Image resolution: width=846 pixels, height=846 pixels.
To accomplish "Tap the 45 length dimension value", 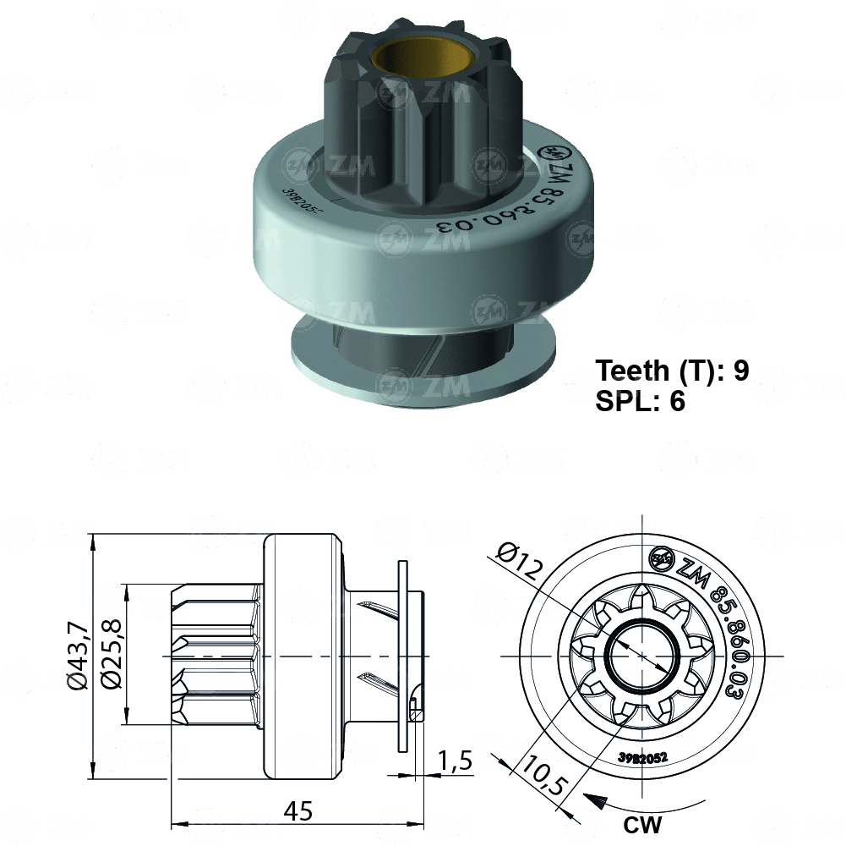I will (297, 811).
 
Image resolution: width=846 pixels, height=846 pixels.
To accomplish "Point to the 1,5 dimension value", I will (455, 761).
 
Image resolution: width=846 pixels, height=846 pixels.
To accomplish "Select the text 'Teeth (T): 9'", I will (673, 371).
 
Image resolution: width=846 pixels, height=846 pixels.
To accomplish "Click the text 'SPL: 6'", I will (640, 402).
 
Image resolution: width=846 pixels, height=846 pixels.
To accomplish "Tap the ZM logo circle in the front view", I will (660, 558).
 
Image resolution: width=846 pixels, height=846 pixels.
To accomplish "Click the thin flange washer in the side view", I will (402, 656).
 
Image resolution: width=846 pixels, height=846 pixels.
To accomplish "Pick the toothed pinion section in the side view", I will (216, 656).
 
